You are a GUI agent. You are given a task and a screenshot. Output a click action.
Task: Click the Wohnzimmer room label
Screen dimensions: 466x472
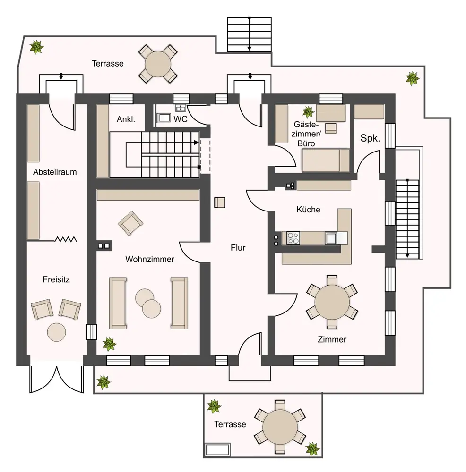coord(150,259)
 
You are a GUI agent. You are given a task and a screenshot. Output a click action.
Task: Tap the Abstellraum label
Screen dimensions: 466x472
coord(55,172)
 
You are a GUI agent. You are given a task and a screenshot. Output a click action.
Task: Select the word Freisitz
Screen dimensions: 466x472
coord(56,279)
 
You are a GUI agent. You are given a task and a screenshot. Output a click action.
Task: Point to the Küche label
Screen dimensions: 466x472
coord(308,209)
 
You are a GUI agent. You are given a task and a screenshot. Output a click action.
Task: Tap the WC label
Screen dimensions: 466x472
coord(181,119)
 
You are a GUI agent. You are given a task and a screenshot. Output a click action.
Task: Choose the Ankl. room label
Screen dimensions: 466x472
coord(126,119)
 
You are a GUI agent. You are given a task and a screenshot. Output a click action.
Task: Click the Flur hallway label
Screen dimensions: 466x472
coord(238,247)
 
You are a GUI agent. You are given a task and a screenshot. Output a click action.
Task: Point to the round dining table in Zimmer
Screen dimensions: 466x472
coord(332,301)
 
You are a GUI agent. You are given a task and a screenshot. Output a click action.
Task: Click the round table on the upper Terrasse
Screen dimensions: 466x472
coord(158,63)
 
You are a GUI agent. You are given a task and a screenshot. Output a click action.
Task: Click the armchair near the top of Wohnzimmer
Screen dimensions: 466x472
coord(130,223)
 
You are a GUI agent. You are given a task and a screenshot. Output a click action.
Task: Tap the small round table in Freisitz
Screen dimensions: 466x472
coord(57,331)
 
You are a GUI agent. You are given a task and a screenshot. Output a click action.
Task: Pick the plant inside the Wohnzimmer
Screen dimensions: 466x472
coord(109,344)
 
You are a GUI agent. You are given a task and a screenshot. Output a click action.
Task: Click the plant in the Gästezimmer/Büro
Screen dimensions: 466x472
coord(308,112)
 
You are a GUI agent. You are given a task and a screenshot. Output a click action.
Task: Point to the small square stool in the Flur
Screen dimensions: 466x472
coord(220,202)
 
